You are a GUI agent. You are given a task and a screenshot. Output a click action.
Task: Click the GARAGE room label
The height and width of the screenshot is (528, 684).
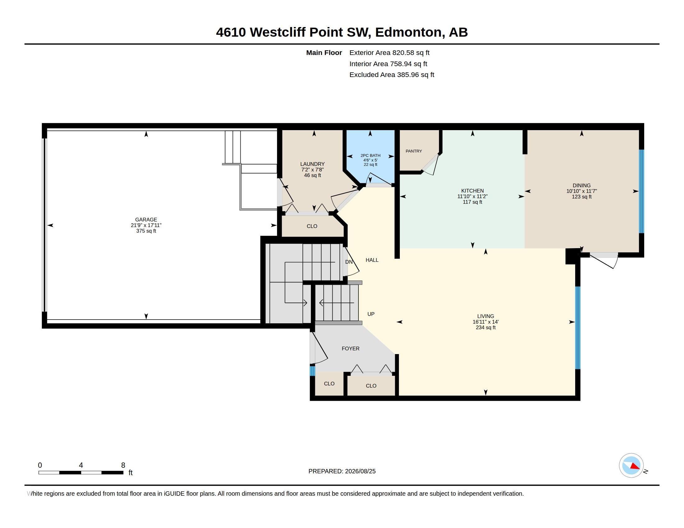146,220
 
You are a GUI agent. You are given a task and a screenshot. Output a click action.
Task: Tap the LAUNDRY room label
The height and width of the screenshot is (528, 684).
312,164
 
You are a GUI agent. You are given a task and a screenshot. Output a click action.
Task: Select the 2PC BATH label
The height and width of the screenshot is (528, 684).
371,156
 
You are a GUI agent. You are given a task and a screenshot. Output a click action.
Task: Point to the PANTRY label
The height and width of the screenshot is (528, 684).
414,151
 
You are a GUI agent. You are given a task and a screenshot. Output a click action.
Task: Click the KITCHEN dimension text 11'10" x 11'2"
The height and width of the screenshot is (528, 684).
472,196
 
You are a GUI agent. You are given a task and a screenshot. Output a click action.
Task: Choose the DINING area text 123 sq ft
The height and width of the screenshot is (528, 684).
582,197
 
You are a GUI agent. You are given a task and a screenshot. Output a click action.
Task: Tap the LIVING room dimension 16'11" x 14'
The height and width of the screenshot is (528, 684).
485,322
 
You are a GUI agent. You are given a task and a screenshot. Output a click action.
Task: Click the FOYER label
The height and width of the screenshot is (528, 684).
350,348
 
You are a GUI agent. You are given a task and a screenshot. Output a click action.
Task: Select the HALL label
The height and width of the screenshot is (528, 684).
372,260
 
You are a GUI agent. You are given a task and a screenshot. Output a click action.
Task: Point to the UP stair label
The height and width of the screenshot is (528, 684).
371,314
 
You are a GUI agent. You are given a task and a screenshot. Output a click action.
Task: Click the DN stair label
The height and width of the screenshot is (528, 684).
349,262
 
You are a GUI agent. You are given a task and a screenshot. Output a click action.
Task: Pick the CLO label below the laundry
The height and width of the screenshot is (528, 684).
312,226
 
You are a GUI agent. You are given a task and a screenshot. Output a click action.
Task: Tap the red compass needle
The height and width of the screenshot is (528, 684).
635,467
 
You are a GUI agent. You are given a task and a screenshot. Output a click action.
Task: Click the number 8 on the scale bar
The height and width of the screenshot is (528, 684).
123,465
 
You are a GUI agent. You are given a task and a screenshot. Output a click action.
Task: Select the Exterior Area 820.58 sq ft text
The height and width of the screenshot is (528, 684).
389,52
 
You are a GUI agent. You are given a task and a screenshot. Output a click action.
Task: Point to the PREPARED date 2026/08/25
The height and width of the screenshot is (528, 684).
360,471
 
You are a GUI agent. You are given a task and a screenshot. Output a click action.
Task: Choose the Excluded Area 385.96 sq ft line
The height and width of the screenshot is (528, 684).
392,75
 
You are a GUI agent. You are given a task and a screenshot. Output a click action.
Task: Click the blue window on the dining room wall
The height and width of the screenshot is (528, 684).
641,191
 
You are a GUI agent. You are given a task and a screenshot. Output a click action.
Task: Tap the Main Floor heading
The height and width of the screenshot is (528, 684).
324,52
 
